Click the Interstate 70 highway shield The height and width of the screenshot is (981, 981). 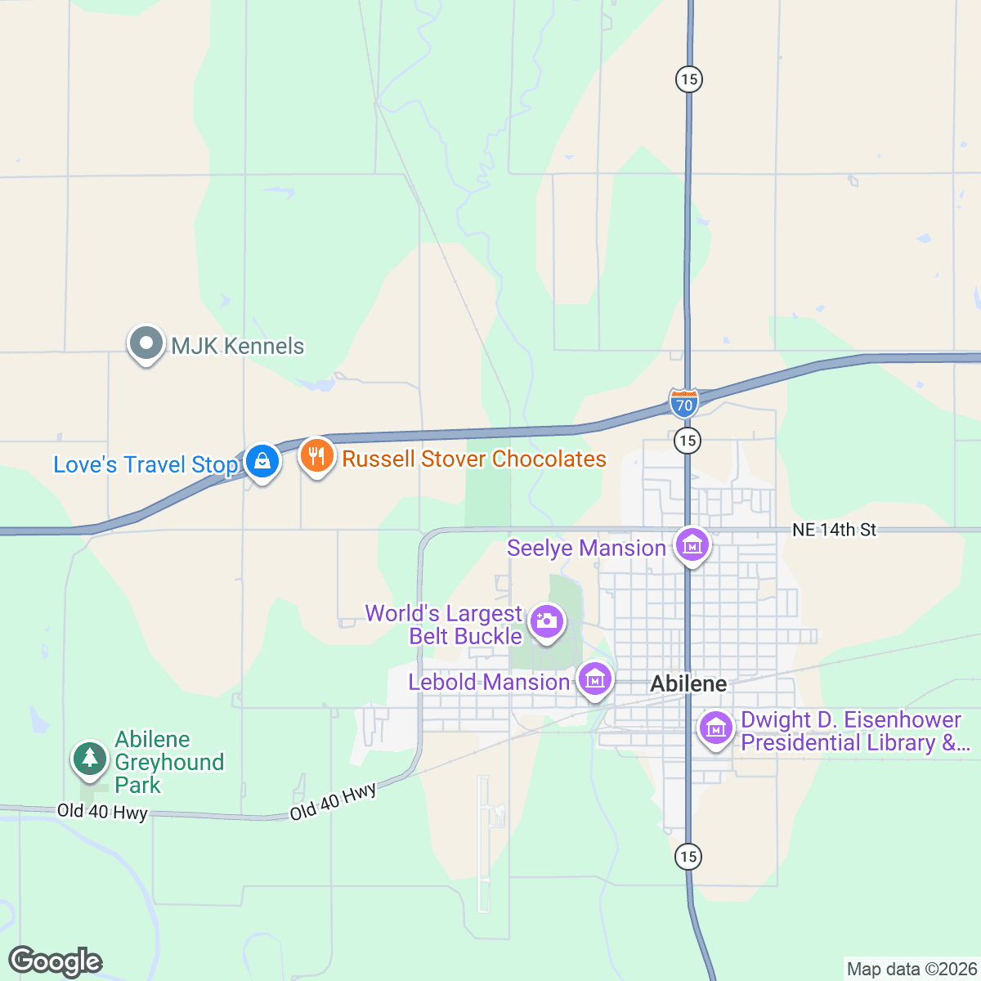(x=683, y=403)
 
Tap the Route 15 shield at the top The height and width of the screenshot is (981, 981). (x=689, y=79)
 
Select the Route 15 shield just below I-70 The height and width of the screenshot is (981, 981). (x=688, y=441)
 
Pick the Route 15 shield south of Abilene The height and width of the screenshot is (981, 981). (x=688, y=856)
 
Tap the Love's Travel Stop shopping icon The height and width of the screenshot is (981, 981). (x=262, y=462)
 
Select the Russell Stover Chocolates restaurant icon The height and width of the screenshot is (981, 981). (x=316, y=456)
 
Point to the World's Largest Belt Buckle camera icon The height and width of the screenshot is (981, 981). (x=546, y=622)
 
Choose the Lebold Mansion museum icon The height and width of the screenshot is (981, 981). (x=594, y=679)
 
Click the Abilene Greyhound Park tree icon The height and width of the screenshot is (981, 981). (x=89, y=759)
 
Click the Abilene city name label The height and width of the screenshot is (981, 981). (x=688, y=683)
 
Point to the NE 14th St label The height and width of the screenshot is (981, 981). (x=834, y=530)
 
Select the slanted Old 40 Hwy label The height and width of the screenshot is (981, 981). (x=333, y=801)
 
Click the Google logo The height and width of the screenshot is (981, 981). (x=55, y=961)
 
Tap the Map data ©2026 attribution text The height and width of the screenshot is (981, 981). (x=911, y=969)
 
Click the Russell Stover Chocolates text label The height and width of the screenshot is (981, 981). (x=474, y=459)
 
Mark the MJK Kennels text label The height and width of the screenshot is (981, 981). (x=237, y=346)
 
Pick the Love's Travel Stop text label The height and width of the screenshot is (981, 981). (x=145, y=464)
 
